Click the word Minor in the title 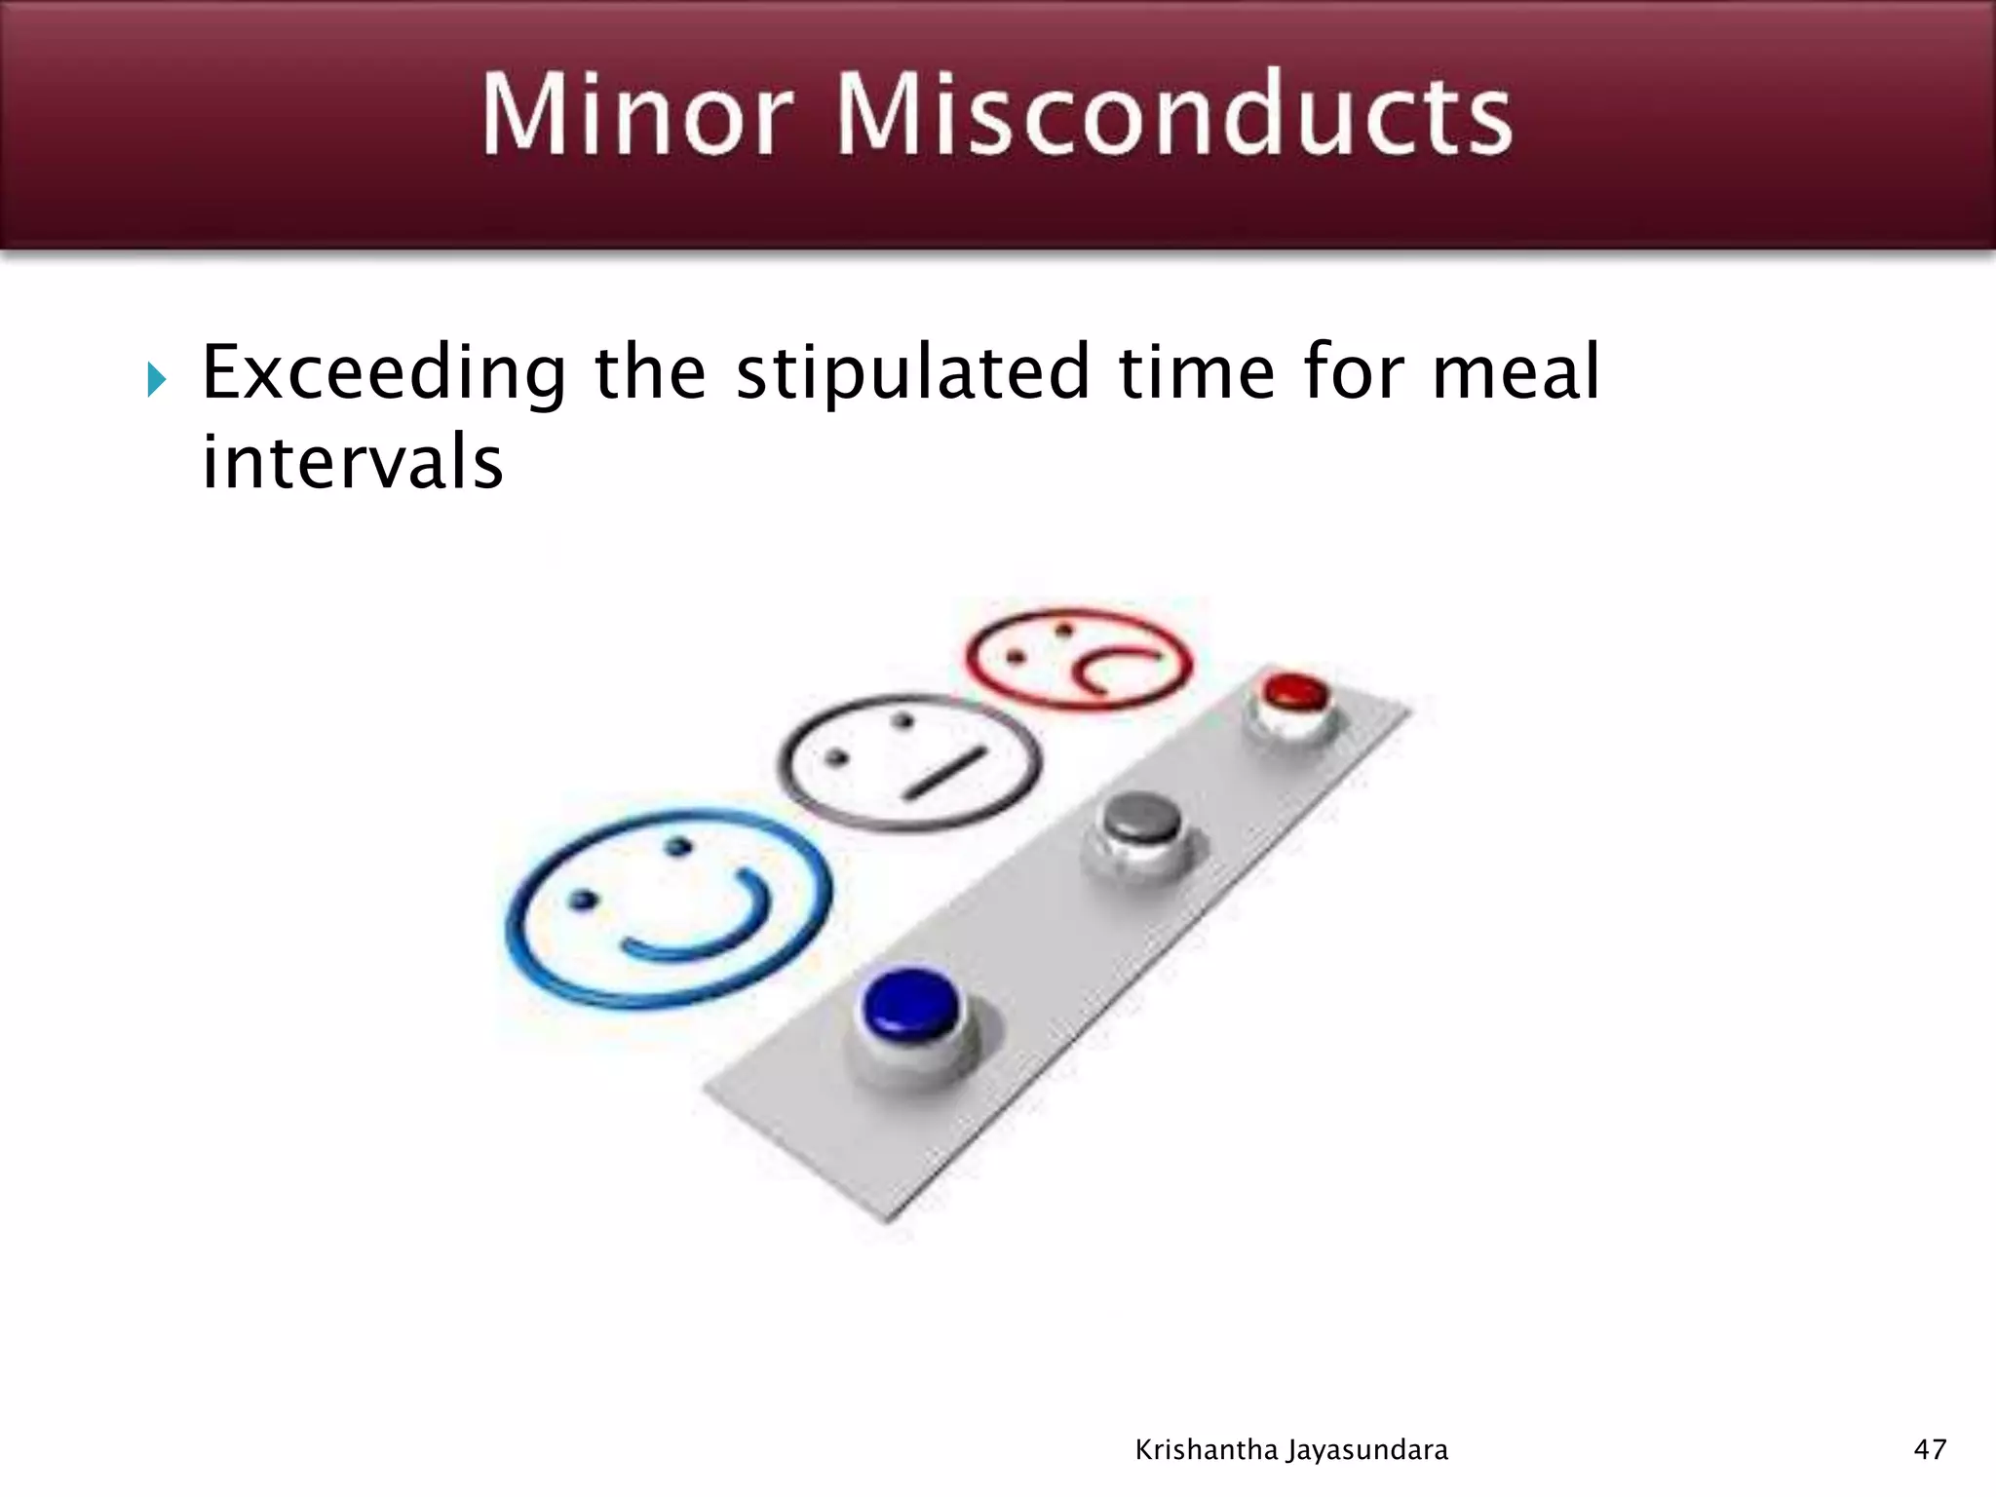click(637, 115)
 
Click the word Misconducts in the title click(1173, 115)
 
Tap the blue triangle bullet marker click(157, 379)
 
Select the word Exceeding click(383, 374)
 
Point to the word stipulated click(912, 374)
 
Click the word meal click(1516, 372)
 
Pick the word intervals click(352, 462)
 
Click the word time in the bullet click(1197, 372)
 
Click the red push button click(1294, 693)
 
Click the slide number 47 click(1930, 1450)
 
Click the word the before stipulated click(650, 372)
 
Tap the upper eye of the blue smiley click(680, 846)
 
